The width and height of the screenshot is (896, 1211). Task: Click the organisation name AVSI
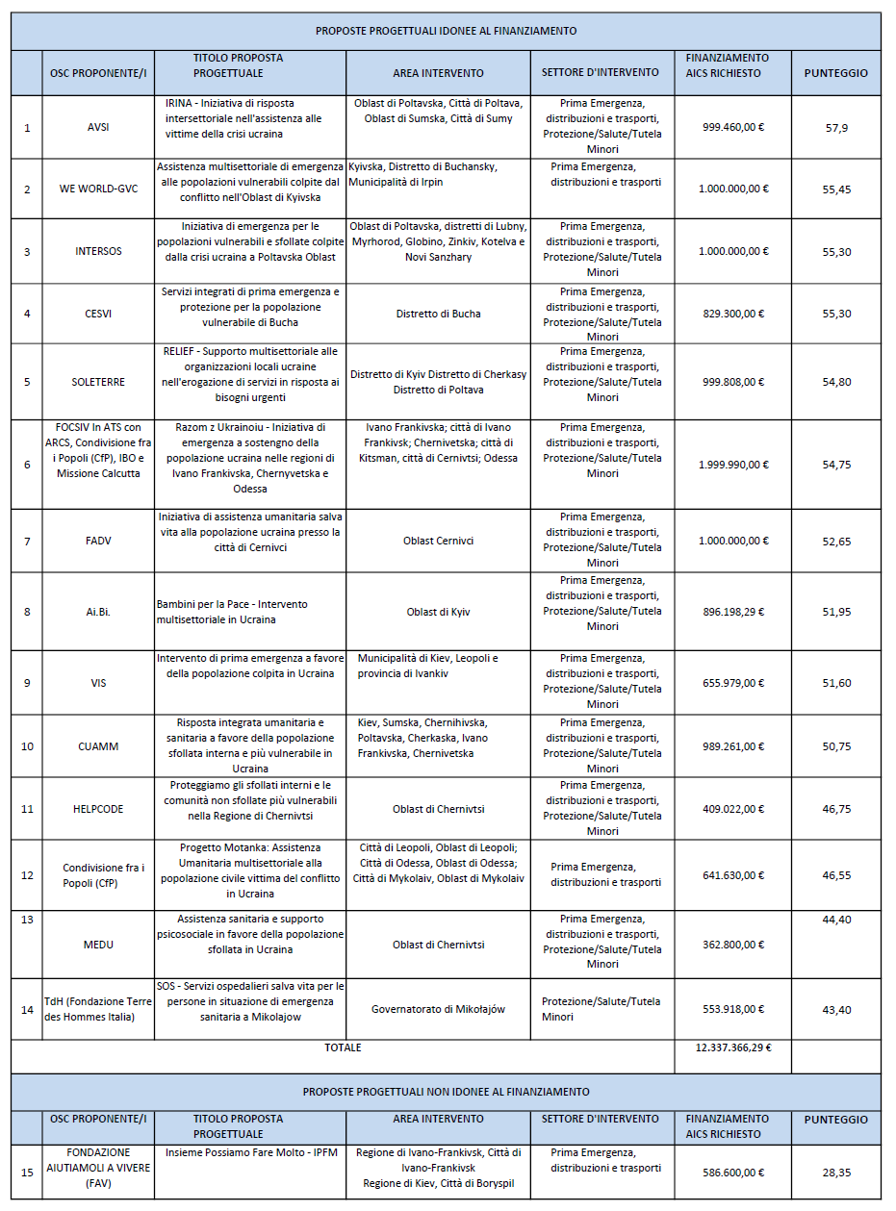pyautogui.click(x=98, y=127)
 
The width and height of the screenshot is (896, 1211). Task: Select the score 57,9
pyautogui.click(x=835, y=127)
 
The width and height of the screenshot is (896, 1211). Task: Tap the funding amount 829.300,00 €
pyautogui.click(x=733, y=314)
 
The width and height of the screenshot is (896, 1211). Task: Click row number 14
pyautogui.click(x=27, y=1009)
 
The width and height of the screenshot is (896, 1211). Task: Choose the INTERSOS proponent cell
pyautogui.click(x=98, y=251)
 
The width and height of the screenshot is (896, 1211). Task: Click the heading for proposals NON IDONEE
pyautogui.click(x=446, y=1092)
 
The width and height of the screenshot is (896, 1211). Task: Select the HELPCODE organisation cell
pyautogui.click(x=98, y=809)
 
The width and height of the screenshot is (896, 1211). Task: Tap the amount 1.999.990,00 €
pyautogui.click(x=733, y=465)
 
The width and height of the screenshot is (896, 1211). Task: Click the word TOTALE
pyautogui.click(x=343, y=1047)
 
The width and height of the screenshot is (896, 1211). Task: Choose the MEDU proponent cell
pyautogui.click(x=98, y=945)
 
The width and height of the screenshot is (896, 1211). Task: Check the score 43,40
pyautogui.click(x=835, y=1009)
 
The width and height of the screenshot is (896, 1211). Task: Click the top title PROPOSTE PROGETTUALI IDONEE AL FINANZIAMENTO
pyautogui.click(x=446, y=31)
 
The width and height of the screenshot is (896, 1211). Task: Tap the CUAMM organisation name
pyautogui.click(x=98, y=746)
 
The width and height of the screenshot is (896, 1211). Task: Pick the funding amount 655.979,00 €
pyautogui.click(x=733, y=683)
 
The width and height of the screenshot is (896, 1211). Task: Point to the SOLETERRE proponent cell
pyautogui.click(x=98, y=382)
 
